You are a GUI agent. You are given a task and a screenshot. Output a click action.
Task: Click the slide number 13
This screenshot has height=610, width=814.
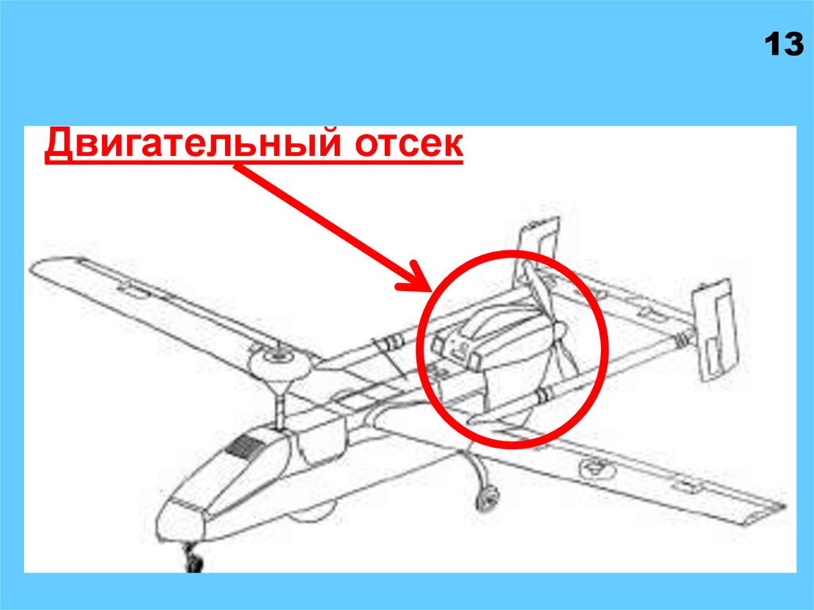coord(784,45)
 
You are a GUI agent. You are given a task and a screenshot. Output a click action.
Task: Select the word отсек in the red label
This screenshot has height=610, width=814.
coord(409,144)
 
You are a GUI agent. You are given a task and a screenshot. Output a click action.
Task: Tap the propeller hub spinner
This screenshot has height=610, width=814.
coord(559,331)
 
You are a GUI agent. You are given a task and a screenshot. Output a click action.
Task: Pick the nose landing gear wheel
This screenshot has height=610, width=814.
coord(194,561)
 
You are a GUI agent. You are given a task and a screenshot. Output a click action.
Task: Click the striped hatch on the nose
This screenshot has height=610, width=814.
coord(245,447)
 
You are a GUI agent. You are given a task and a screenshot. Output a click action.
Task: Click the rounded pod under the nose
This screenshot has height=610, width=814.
coord(311,512)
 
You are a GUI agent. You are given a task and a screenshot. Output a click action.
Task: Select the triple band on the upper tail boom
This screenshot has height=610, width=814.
coord(394,341)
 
